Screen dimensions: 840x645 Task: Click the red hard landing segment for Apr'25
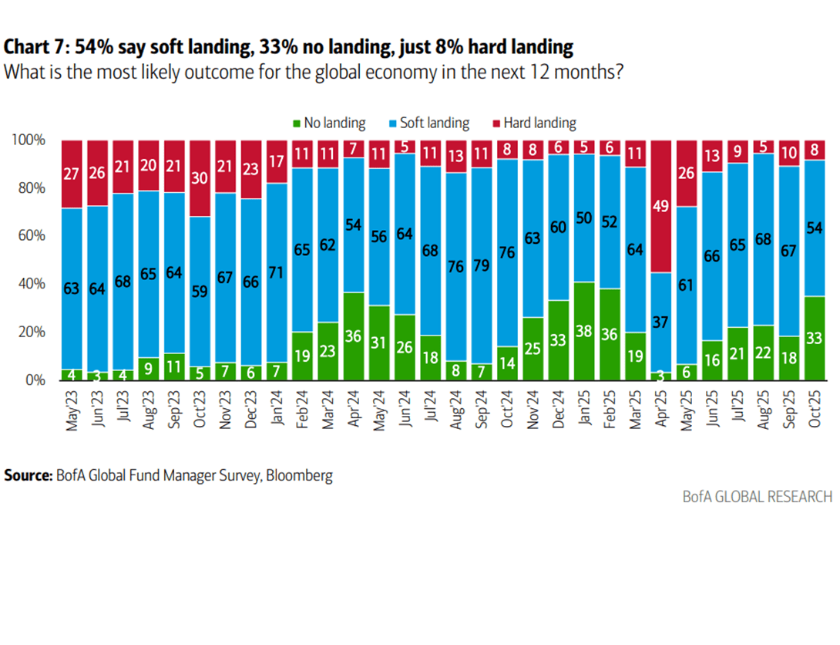click(x=660, y=207)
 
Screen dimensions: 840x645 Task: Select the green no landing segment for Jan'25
click(x=584, y=331)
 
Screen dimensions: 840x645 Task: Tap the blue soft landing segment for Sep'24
click(x=481, y=266)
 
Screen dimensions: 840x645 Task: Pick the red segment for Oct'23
click(x=200, y=178)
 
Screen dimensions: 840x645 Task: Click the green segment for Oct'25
click(x=815, y=339)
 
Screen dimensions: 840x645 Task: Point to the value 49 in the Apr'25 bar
click(x=660, y=206)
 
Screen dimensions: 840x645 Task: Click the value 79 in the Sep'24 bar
click(x=481, y=265)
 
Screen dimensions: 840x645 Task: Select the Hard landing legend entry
click(x=534, y=123)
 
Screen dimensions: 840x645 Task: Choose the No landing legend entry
click(x=329, y=123)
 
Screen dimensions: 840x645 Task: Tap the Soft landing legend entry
click(x=429, y=123)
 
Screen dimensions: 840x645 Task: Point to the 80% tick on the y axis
click(x=32, y=188)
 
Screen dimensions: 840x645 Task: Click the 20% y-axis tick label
click(x=32, y=332)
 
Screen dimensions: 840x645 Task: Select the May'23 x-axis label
click(x=72, y=410)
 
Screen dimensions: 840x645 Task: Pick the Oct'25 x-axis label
click(x=815, y=409)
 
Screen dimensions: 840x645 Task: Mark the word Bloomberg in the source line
click(x=299, y=476)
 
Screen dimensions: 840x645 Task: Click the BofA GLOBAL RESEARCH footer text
click(x=758, y=497)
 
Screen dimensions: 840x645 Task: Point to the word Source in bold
click(x=28, y=475)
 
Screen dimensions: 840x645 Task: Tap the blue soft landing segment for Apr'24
click(x=353, y=225)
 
